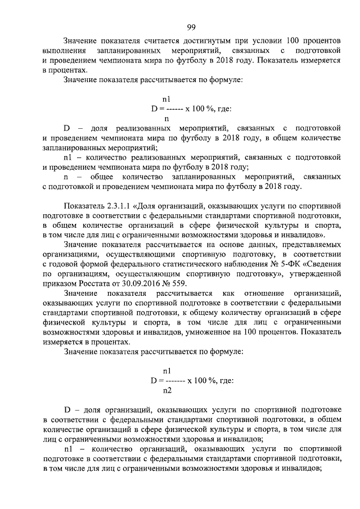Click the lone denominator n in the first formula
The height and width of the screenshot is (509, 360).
166,119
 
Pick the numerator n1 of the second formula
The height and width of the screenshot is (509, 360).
167,371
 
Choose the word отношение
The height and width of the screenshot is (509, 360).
260,294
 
